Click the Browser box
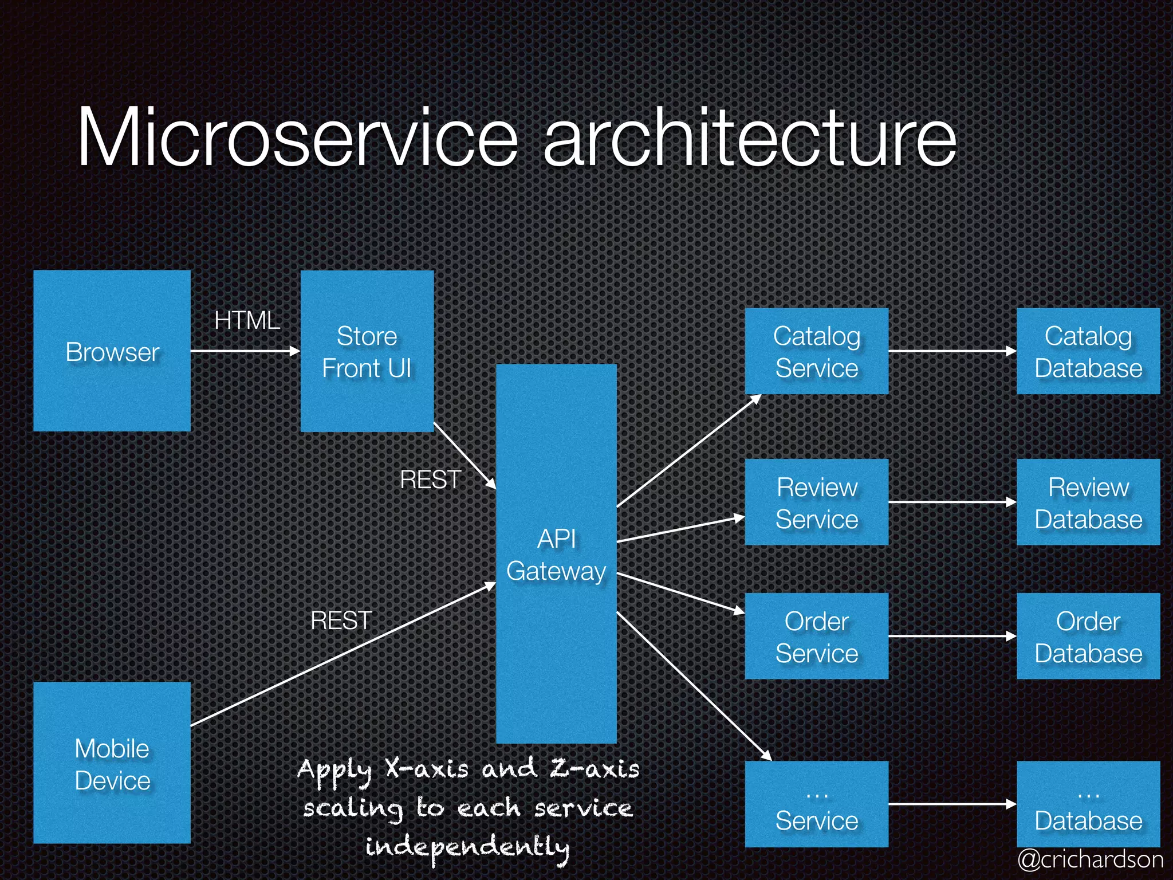point(112,351)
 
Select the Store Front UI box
point(367,351)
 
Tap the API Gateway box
point(556,554)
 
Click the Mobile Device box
point(112,763)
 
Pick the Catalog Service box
point(816,351)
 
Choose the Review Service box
point(816,502)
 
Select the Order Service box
point(816,637)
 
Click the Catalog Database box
point(1088,351)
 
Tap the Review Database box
point(1088,502)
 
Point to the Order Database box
point(1088,637)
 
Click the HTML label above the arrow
point(247,320)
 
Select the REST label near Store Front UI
point(430,480)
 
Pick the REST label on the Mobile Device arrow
point(341,620)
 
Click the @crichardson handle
point(1090,859)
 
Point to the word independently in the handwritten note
point(467,847)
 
